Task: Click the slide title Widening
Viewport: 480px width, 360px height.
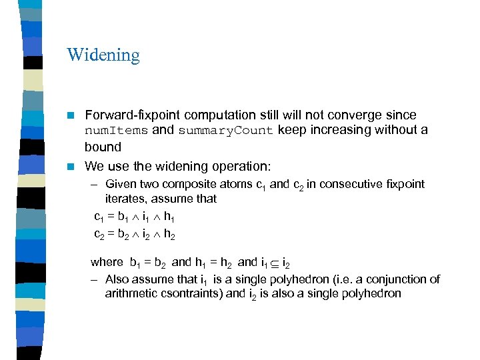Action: [103, 55]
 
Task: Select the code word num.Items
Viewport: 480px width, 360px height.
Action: [116, 131]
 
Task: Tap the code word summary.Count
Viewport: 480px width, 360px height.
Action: [225, 131]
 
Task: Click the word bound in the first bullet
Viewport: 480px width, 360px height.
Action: [103, 147]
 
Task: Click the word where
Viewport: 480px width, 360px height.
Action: [107, 262]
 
